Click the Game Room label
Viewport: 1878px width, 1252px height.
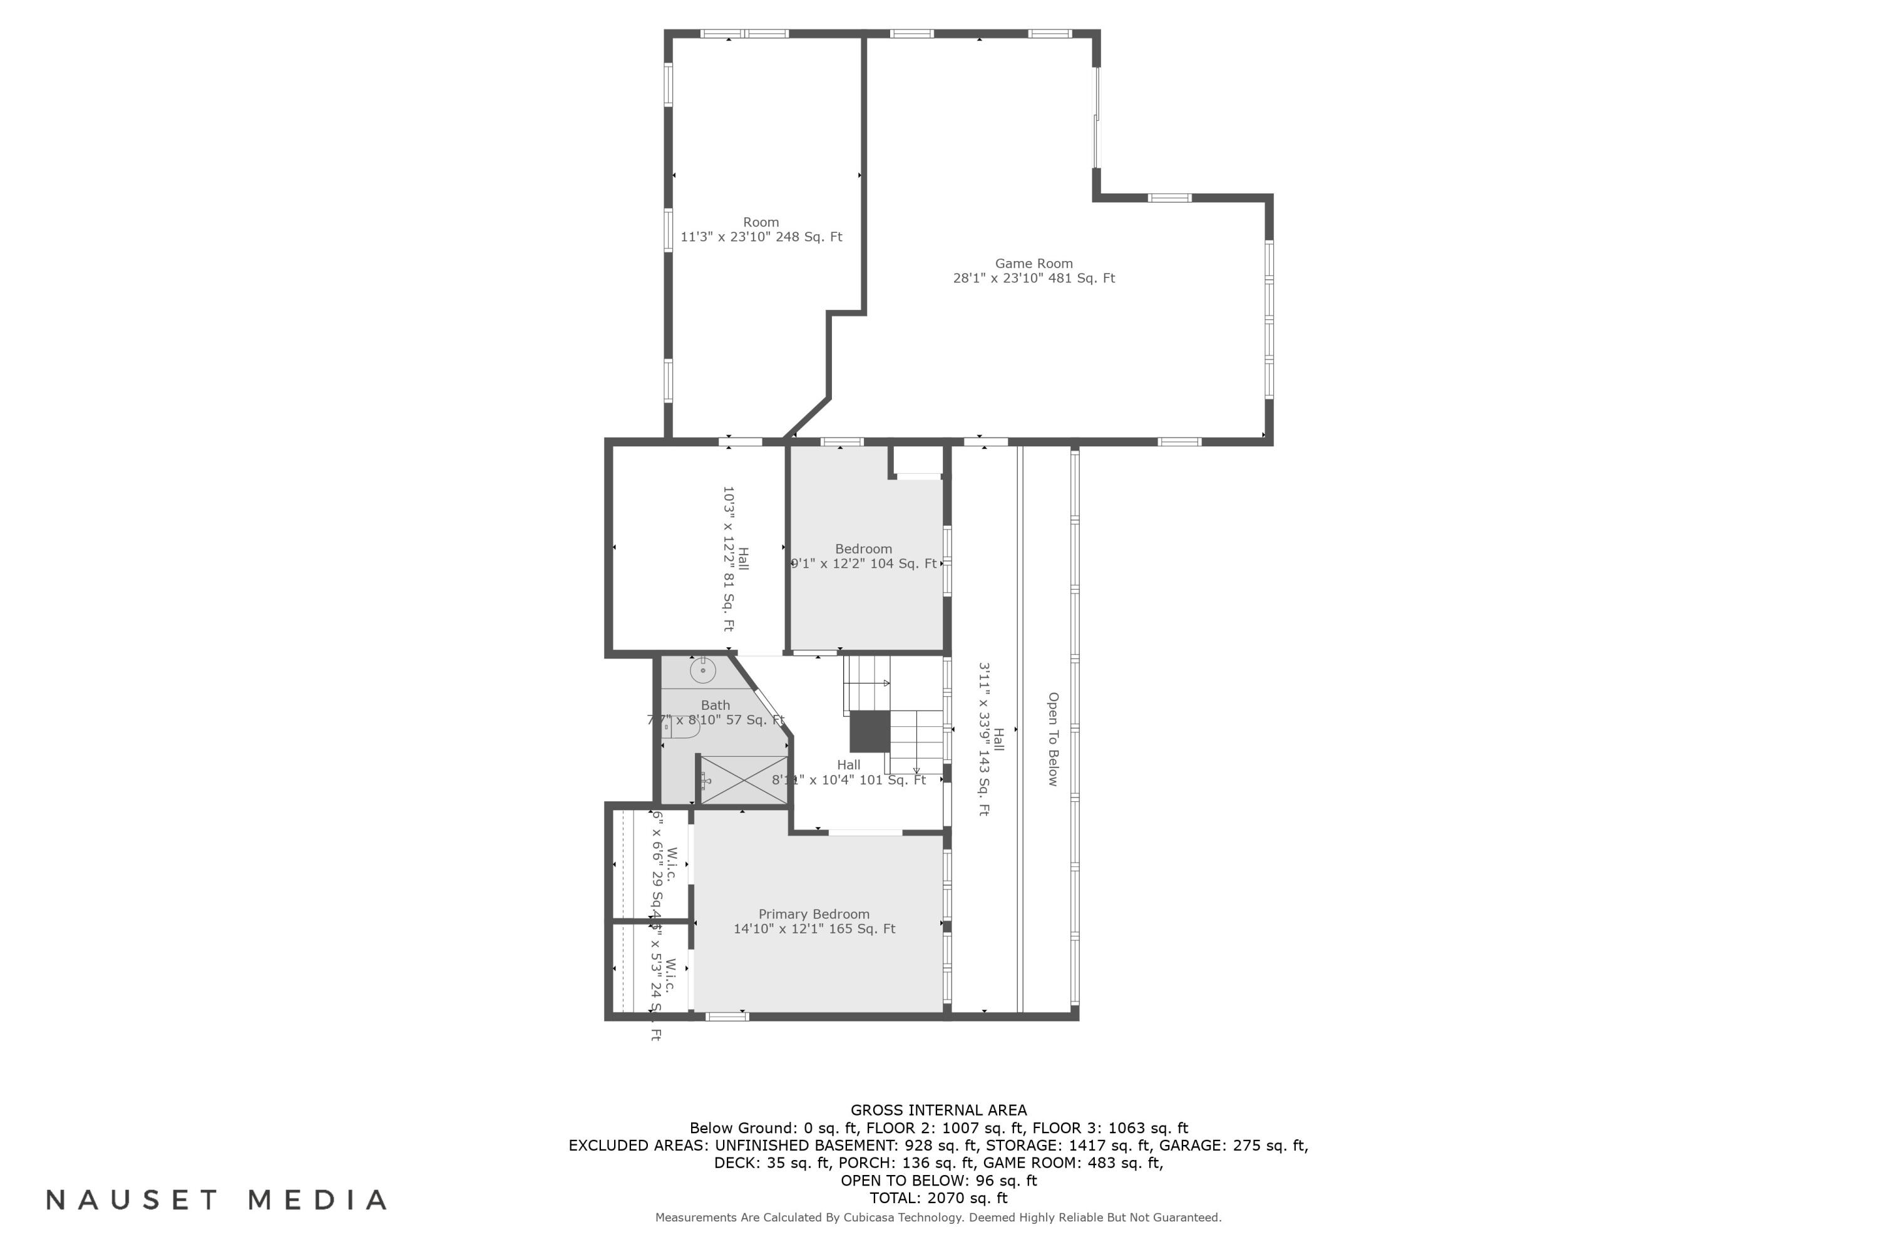pos(1034,264)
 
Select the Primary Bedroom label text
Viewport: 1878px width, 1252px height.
pos(814,914)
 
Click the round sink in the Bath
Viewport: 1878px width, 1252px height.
pos(702,670)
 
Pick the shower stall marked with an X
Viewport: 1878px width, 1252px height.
pos(744,780)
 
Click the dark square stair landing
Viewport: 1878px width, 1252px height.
pos(870,731)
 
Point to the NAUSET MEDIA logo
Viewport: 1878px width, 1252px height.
pos(217,1200)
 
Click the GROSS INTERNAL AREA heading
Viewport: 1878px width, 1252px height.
pos(938,1110)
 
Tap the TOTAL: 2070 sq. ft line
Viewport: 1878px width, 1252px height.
pos(938,1198)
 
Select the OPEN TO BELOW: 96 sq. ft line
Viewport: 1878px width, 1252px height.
pos(938,1180)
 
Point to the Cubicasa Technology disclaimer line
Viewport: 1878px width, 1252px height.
pos(938,1218)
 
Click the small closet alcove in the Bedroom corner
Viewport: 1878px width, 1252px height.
pos(918,461)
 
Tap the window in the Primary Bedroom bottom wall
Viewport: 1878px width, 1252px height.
pos(727,1017)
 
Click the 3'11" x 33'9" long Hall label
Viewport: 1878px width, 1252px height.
pos(990,739)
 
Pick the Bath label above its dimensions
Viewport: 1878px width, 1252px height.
pos(716,705)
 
